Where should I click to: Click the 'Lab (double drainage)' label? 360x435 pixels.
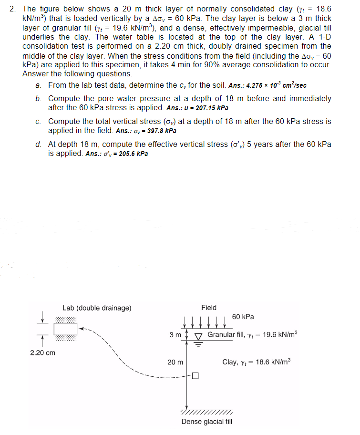(97, 308)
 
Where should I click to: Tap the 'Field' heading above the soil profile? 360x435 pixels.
(209, 308)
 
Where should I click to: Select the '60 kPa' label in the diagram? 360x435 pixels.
(243, 317)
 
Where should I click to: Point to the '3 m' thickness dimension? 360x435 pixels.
(175, 335)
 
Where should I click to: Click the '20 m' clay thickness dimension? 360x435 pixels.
(175, 362)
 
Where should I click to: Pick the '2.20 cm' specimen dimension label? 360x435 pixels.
(42, 353)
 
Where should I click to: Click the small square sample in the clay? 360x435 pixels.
(195, 375)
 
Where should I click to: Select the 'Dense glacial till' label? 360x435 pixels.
(207, 422)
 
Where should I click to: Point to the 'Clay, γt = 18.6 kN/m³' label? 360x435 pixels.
(256, 362)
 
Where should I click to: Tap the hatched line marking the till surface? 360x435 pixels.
(207, 412)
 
